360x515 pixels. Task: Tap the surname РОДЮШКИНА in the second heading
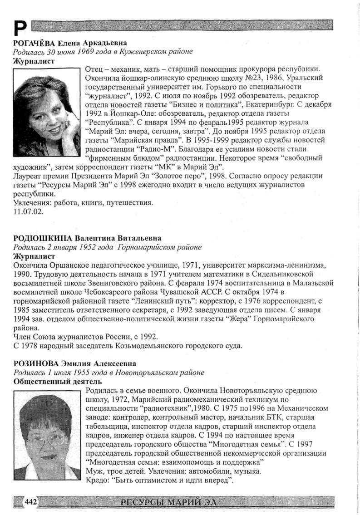point(41,238)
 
